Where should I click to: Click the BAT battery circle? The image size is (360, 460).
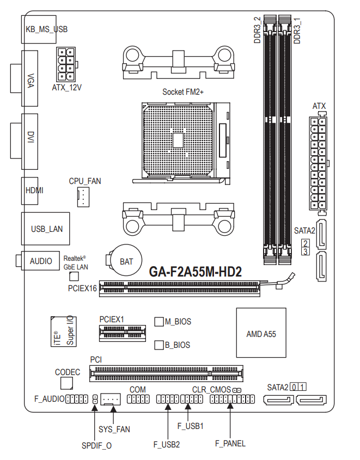coord(126,261)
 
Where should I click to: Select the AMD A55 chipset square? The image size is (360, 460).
coord(261,333)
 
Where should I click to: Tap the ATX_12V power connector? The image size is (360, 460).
coord(66,64)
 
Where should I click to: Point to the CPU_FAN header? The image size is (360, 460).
coord(83,197)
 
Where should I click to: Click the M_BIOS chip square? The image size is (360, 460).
coord(159,322)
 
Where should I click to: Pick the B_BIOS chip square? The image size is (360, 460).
coord(159,345)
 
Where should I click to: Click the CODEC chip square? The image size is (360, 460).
coord(67,383)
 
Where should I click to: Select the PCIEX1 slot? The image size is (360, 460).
coord(123,333)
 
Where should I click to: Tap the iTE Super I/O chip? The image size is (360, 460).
coord(63,331)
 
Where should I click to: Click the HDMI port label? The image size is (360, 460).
coord(34,191)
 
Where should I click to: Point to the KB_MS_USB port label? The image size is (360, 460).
coord(47,29)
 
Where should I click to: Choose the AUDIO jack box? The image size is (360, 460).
coord(40,261)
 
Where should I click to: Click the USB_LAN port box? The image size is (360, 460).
coord(46,229)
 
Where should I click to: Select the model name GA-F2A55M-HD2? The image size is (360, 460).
coord(196,272)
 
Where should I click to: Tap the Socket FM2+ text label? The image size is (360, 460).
coord(183,92)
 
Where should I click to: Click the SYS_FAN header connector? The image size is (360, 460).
coord(111,399)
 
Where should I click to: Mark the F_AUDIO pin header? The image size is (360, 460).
coord(77,399)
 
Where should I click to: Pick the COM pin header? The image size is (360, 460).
coord(138,399)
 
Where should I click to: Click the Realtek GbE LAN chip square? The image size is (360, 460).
coord(74,277)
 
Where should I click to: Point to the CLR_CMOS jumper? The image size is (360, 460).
coord(237,390)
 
